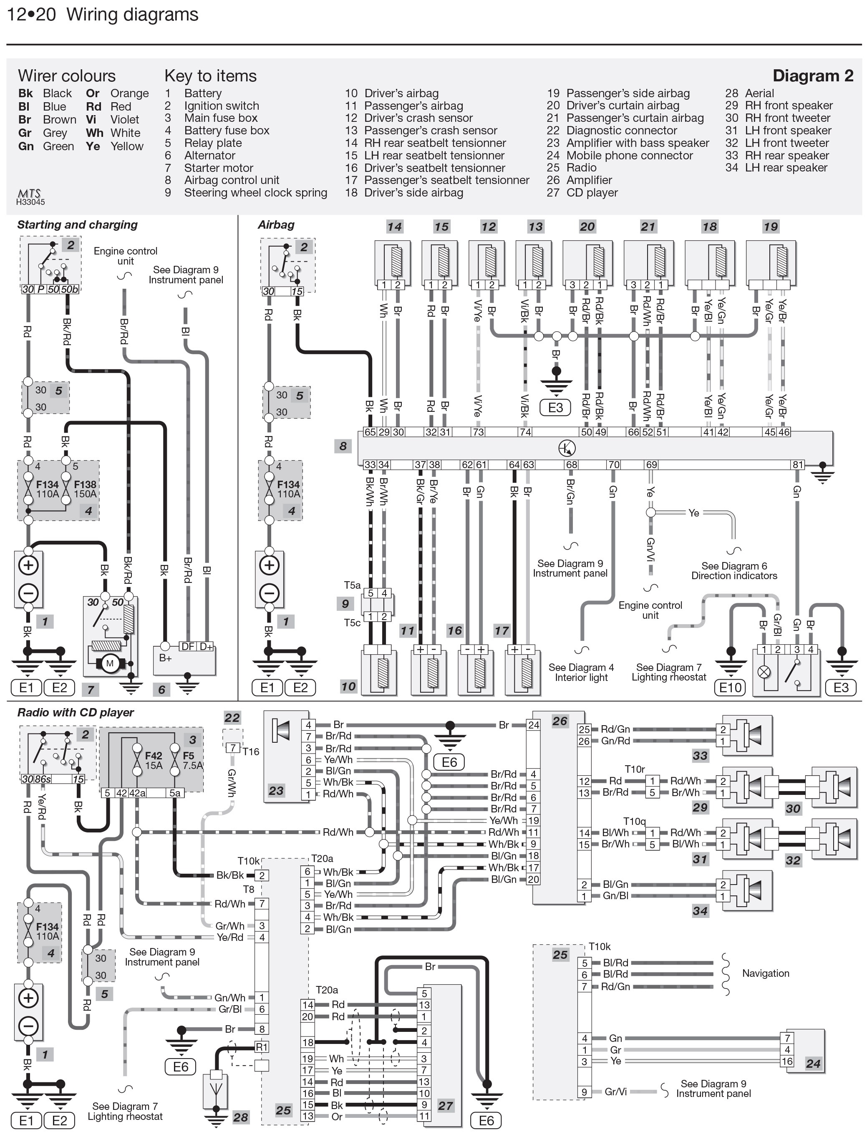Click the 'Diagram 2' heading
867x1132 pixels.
tap(813, 76)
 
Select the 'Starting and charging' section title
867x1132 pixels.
tap(78, 225)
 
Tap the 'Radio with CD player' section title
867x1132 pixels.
tap(76, 713)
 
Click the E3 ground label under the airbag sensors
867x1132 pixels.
tap(555, 408)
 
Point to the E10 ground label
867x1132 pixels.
tap(730, 687)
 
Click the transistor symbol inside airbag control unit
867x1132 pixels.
tap(567, 449)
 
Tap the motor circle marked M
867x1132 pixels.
tap(109, 663)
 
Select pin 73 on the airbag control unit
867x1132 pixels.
tap(479, 432)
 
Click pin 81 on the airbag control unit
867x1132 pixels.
tap(798, 465)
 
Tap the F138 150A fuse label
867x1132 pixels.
tap(85, 489)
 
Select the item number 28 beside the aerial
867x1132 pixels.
tap(240, 1117)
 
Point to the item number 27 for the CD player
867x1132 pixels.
tap(445, 1106)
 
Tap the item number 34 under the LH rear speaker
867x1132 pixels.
tap(700, 911)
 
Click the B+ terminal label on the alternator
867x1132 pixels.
tap(165, 658)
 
